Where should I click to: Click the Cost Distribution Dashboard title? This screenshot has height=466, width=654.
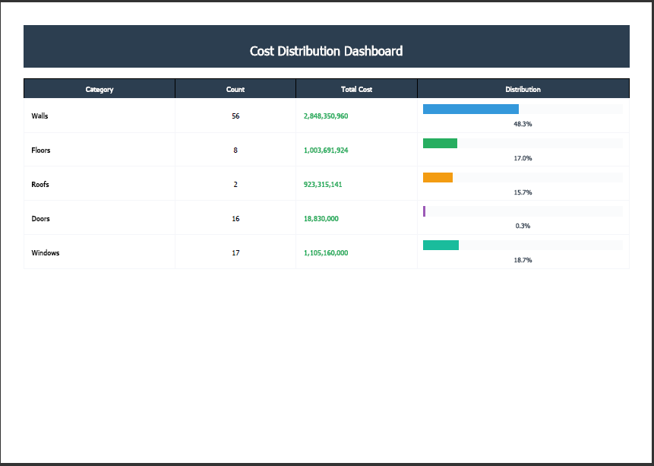pyautogui.click(x=326, y=51)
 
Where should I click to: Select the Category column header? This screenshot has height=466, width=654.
pyautogui.click(x=100, y=90)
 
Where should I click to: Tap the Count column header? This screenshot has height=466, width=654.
pyautogui.click(x=235, y=90)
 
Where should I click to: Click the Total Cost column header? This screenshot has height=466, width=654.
pyautogui.click(x=356, y=90)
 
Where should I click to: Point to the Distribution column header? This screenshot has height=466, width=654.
pyautogui.click(x=523, y=90)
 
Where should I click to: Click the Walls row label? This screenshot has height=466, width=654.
pyautogui.click(x=39, y=116)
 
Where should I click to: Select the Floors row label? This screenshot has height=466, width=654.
pyautogui.click(x=41, y=151)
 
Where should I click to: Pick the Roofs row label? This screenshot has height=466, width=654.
pyautogui.click(x=40, y=185)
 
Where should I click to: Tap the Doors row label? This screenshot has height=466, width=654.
pyautogui.click(x=40, y=219)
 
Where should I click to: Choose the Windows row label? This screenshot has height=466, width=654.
pyautogui.click(x=46, y=253)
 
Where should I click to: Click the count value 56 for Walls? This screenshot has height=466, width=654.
pyautogui.click(x=235, y=116)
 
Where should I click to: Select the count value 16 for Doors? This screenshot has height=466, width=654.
pyautogui.click(x=235, y=219)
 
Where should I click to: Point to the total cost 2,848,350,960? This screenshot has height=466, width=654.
pyautogui.click(x=326, y=116)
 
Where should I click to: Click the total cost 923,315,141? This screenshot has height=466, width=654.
pyautogui.click(x=323, y=185)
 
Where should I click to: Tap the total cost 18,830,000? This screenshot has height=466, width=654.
pyautogui.click(x=321, y=219)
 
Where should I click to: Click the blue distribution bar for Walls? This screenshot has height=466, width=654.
pyautogui.click(x=471, y=109)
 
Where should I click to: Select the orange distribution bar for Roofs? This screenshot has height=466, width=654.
pyautogui.click(x=438, y=177)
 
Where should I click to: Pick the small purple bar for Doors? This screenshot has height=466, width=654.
pyautogui.click(x=424, y=211)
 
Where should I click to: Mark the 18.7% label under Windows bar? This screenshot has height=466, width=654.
pyautogui.click(x=523, y=260)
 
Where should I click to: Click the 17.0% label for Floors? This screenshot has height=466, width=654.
pyautogui.click(x=523, y=158)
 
